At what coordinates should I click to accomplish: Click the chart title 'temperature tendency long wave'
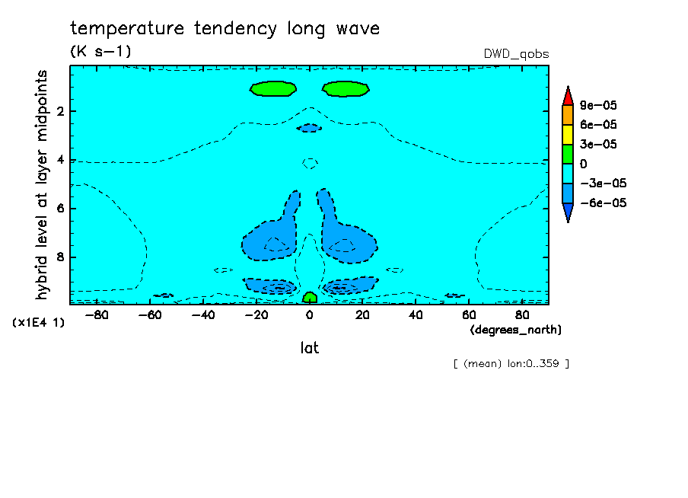point(225,29)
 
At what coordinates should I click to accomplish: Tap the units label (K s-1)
point(100,51)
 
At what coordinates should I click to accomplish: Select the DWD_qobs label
point(516,54)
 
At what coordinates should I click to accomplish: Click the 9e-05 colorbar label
point(598,105)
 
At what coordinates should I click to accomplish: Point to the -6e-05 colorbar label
point(603,203)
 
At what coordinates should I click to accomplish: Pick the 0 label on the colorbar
point(584,164)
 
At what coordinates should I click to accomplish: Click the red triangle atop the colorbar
point(568,96)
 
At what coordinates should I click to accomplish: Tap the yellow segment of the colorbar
point(568,134)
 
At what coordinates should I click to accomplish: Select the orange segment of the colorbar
point(568,116)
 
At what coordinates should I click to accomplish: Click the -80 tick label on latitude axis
point(97,315)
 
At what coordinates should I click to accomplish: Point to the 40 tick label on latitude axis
point(416,315)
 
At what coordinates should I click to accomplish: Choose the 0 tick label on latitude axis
point(309,315)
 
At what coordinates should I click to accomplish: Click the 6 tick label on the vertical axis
point(61,208)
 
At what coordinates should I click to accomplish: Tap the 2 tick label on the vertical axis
point(61,111)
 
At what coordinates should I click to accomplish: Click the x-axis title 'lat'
point(309,348)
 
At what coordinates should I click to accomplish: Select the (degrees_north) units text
point(515,330)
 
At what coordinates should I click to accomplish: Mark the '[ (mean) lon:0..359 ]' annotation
point(511,364)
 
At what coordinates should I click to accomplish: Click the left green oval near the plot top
point(273,88)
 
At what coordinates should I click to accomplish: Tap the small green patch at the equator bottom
point(310,298)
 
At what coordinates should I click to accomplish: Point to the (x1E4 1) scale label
point(39,323)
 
